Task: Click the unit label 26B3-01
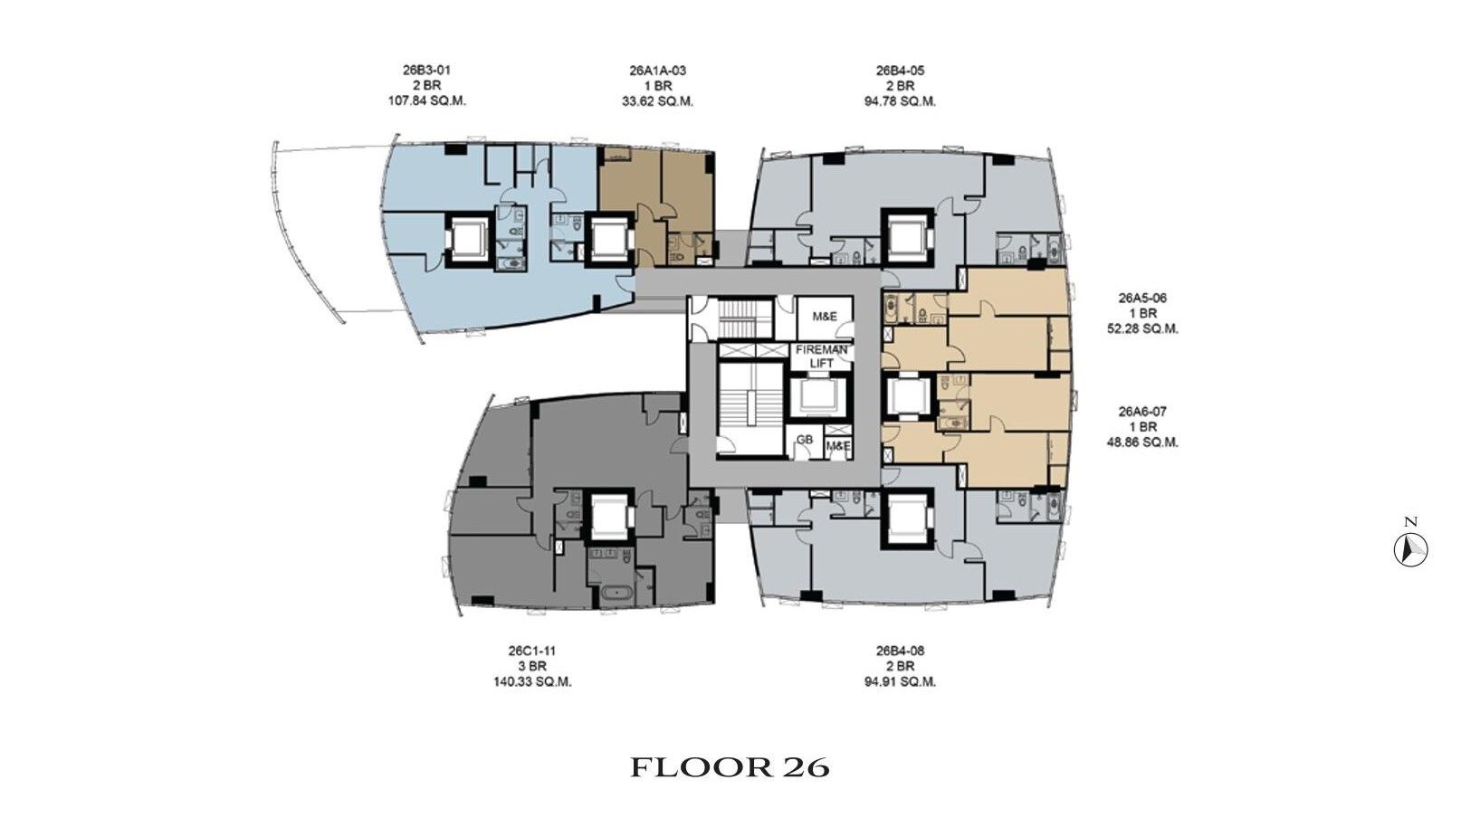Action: [x=426, y=71]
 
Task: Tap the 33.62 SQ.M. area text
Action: [x=657, y=101]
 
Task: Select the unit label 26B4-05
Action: [x=900, y=71]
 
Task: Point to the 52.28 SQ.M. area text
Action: [x=1142, y=329]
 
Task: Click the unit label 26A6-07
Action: [x=1142, y=412]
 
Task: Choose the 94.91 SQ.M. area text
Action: [x=900, y=682]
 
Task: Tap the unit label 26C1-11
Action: [x=532, y=651]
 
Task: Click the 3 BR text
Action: [x=532, y=666]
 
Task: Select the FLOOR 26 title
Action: [x=730, y=767]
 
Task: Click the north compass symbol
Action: [x=1411, y=550]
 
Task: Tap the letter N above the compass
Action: [x=1411, y=521]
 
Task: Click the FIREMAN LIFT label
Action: [x=821, y=357]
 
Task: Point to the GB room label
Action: [x=805, y=440]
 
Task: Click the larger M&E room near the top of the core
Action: [x=825, y=318]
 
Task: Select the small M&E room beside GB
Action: [x=838, y=446]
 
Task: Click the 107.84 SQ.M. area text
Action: [x=426, y=101]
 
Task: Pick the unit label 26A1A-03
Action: [x=657, y=71]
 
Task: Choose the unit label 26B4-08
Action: [x=900, y=651]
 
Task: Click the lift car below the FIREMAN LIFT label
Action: [x=820, y=396]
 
